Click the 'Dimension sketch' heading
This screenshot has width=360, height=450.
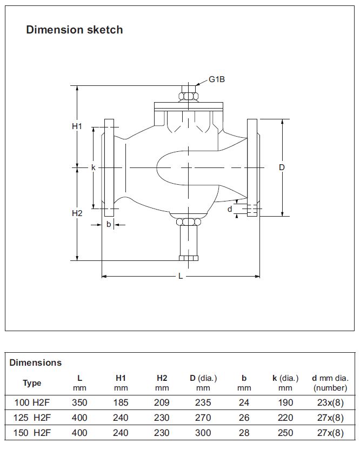pyautogui.click(x=74, y=30)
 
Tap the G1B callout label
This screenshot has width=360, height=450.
pyautogui.click(x=217, y=80)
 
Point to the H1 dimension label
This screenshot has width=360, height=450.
pyautogui.click(x=77, y=126)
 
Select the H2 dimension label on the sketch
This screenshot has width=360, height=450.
pyautogui.click(x=77, y=213)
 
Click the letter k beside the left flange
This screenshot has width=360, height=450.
pyautogui.click(x=94, y=167)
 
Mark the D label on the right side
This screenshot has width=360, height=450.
pyautogui.click(x=282, y=167)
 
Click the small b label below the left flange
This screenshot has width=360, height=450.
pyautogui.click(x=109, y=224)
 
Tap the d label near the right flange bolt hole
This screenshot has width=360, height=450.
pyautogui.click(x=230, y=209)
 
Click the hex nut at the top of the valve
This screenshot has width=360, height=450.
pyautogui.click(x=189, y=96)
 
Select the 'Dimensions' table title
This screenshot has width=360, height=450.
pyautogui.click(x=36, y=362)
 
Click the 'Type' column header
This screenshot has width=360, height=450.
pyautogui.click(x=32, y=383)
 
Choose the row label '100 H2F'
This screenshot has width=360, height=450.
pyautogui.click(x=32, y=402)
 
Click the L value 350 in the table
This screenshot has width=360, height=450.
pyautogui.click(x=79, y=402)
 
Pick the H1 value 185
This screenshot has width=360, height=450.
pyautogui.click(x=121, y=402)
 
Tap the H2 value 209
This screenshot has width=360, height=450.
pyautogui.click(x=162, y=402)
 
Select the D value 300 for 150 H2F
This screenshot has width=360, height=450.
pyautogui.click(x=203, y=433)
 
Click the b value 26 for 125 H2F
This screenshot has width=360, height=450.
pyautogui.click(x=244, y=418)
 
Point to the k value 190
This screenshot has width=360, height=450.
pyautogui.click(x=285, y=402)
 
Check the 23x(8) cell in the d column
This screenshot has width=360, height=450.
pyautogui.click(x=330, y=402)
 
